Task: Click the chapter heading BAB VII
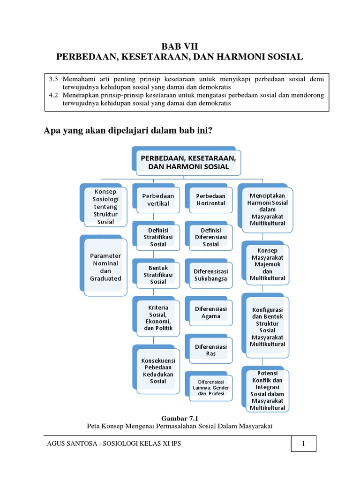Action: click(x=180, y=46)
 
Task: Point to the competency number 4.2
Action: click(x=53, y=95)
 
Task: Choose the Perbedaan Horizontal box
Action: click(x=210, y=200)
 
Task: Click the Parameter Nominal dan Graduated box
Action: click(x=105, y=267)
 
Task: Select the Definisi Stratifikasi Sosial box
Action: click(x=158, y=237)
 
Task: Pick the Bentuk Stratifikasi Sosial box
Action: click(x=158, y=275)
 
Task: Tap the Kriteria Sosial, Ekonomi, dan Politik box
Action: click(x=158, y=317)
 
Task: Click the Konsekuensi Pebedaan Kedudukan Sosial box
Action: click(x=158, y=370)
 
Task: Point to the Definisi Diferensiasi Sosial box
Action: click(x=210, y=237)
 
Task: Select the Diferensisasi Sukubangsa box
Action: click(x=210, y=275)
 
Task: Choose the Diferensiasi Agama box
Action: click(x=210, y=313)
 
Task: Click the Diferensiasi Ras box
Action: click(x=210, y=350)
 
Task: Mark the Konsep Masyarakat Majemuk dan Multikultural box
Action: click(x=267, y=265)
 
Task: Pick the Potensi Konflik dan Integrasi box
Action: click(x=267, y=390)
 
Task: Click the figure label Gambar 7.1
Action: click(x=180, y=417)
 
